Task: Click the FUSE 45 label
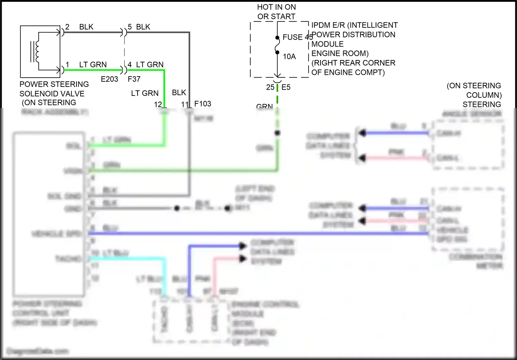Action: coord(297,37)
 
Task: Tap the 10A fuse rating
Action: coord(289,57)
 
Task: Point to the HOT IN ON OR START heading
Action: coord(276,12)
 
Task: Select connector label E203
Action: coord(109,79)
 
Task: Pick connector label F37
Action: coord(134,79)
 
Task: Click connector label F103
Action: coord(203,104)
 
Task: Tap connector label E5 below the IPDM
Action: coord(286,87)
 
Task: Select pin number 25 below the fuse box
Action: coord(270,87)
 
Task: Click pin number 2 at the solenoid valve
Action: coord(67,27)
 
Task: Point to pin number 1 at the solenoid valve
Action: coord(67,64)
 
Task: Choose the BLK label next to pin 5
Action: coord(143,27)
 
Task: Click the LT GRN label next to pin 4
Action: coord(150,64)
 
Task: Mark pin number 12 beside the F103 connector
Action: coord(158,104)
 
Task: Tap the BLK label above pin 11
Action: coord(179,92)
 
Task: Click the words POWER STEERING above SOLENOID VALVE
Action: coord(54,84)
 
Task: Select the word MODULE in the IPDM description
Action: coord(327,44)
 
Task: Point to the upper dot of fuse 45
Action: coord(277,38)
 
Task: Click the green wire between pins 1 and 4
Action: coord(93,70)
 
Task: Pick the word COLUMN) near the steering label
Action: coord(484,95)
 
